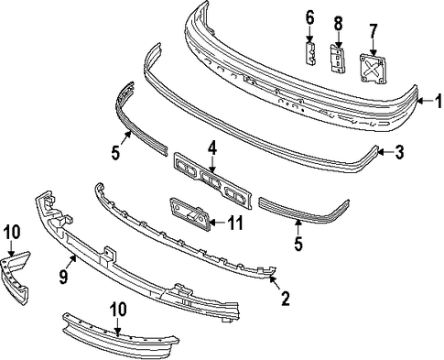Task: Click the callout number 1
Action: [439, 101]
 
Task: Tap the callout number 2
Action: [286, 299]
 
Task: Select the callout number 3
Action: [399, 152]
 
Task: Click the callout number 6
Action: [309, 18]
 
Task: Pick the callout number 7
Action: [374, 31]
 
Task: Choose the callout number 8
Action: [338, 23]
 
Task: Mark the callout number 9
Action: [63, 277]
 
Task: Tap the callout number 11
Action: [234, 223]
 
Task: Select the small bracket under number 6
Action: [310, 53]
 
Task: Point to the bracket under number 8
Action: [337, 59]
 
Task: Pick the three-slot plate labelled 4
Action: [212, 181]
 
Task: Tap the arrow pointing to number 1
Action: [426, 101]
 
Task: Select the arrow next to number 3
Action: [385, 151]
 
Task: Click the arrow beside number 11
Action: [217, 223]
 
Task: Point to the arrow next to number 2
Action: [275, 282]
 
